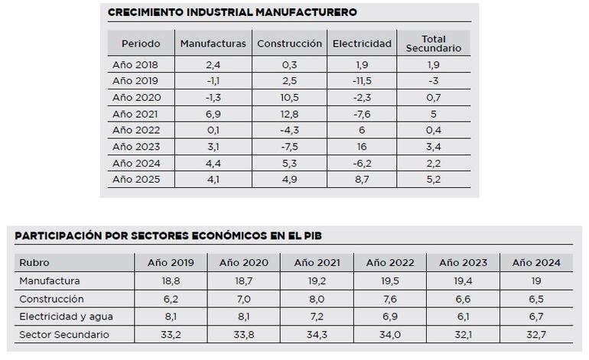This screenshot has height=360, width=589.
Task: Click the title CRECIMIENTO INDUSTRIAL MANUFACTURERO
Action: tap(232, 12)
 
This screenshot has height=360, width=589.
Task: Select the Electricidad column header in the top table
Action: tap(362, 44)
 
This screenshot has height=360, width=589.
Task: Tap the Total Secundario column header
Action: tap(433, 44)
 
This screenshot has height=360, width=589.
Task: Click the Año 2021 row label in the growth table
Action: tap(131, 114)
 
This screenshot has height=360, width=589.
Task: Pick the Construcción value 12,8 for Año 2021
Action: tap(289, 114)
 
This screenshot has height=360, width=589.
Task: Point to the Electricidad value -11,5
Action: tap(361, 81)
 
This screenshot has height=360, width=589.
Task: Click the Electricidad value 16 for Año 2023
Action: tap(361, 147)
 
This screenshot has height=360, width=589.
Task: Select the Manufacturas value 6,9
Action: tap(213, 114)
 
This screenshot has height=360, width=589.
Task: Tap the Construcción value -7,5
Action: tap(289, 147)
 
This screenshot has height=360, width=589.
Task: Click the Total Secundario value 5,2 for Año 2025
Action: tap(433, 180)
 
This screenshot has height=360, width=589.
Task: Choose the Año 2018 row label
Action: tap(131, 65)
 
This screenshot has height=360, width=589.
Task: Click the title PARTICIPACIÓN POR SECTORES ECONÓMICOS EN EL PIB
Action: tap(168, 235)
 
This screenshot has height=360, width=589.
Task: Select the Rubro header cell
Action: tap(34, 263)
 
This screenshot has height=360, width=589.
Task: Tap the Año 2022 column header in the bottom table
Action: tap(390, 263)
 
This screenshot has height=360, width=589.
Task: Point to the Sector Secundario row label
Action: tap(64, 335)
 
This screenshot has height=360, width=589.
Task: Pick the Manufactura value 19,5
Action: tap(390, 281)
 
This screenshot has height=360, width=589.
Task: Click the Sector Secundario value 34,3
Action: tap(317, 335)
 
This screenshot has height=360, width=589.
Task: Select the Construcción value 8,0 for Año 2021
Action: tap(317, 299)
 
